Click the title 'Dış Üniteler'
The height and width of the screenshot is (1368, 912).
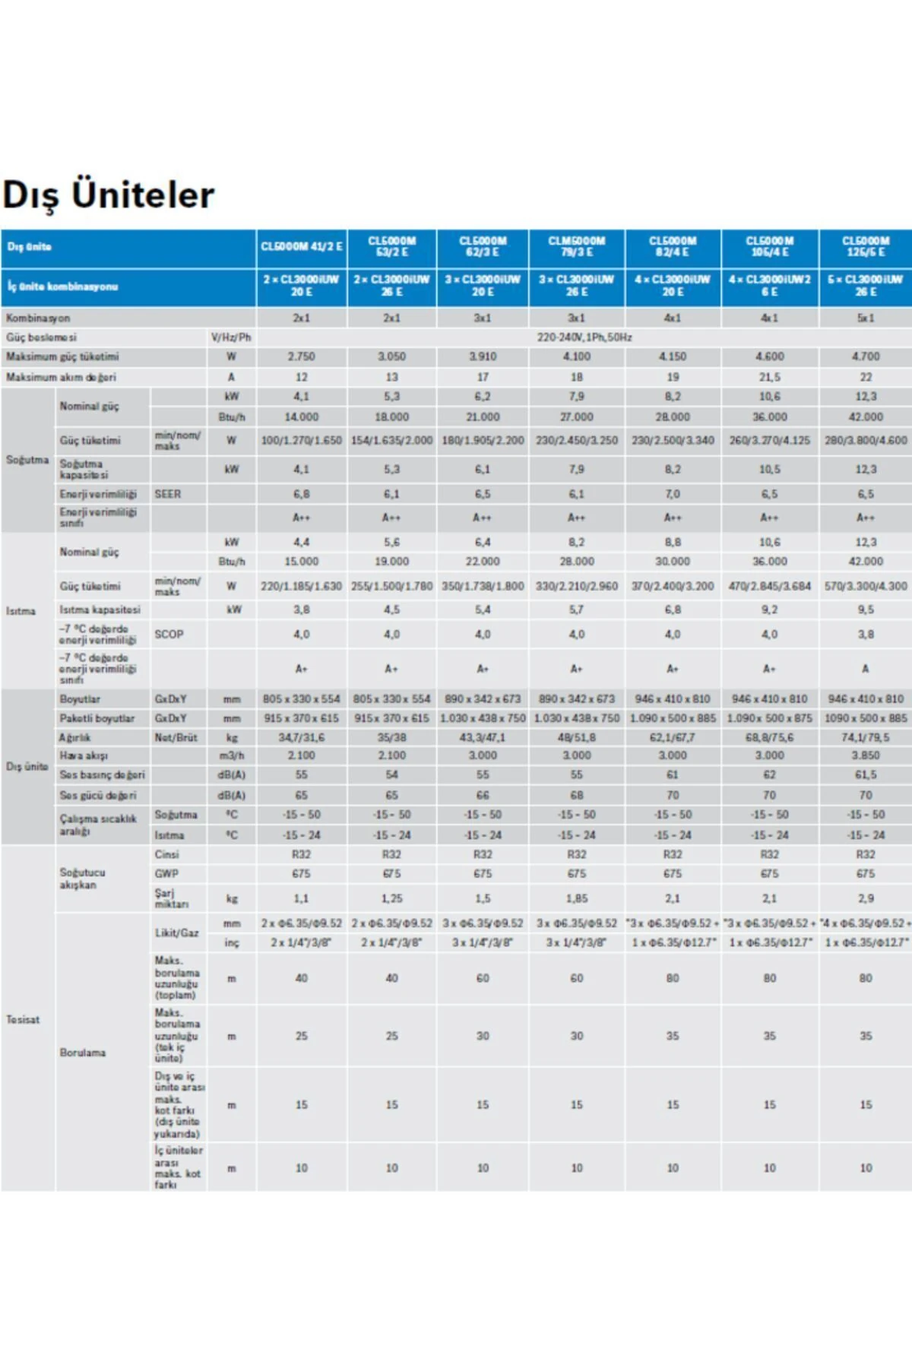tap(109, 195)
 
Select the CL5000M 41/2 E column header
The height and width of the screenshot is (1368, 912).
tap(302, 247)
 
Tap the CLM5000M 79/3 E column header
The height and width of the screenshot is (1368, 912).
tap(577, 246)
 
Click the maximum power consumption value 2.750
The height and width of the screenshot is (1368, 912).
tap(302, 356)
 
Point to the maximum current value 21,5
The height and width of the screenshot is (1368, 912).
tap(769, 377)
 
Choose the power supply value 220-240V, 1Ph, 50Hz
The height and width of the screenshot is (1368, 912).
tap(584, 337)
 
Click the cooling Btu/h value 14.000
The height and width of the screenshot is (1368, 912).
tap(302, 416)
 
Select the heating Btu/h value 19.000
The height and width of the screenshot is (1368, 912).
tap(391, 562)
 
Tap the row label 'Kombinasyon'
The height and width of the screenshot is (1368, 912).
tap(38, 318)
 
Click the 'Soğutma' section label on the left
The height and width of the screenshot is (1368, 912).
tap(27, 460)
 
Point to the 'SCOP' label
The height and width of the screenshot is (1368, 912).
tap(169, 634)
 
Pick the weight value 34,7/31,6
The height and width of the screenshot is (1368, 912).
tap(302, 737)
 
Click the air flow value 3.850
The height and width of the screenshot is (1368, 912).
tap(866, 755)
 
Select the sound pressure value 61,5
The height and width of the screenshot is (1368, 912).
tap(866, 774)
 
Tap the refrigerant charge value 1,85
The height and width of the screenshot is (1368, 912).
tap(577, 898)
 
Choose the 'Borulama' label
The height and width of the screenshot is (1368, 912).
tap(83, 1053)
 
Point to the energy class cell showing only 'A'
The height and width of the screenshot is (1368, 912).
tap(866, 669)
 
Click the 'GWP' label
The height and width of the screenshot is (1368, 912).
tap(166, 874)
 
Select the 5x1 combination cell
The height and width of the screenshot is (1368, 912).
tap(866, 318)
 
